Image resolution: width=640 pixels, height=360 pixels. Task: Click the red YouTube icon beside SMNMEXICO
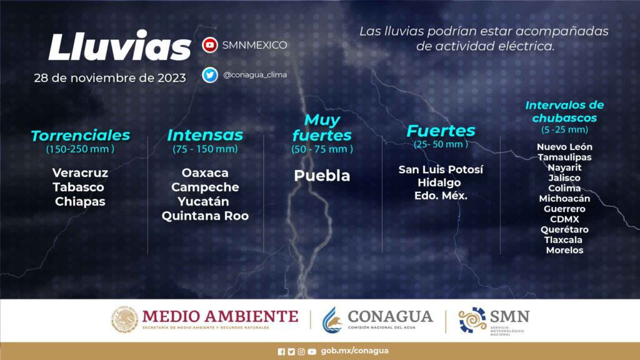[210, 45]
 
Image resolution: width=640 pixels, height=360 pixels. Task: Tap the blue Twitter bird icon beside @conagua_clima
[210, 75]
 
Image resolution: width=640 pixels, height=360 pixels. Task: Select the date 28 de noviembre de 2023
[110, 78]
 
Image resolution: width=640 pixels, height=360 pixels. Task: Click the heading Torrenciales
[81, 136]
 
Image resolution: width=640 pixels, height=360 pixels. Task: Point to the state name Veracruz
[81, 172]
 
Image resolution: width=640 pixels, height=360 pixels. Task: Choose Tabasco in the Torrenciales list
[78, 187]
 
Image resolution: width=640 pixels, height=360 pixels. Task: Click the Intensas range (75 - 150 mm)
[205, 149]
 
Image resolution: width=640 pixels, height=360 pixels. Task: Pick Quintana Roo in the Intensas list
[205, 216]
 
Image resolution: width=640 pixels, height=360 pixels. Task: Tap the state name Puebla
[322, 176]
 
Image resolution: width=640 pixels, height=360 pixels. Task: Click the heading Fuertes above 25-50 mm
[441, 131]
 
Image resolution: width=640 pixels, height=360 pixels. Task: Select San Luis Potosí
[441, 169]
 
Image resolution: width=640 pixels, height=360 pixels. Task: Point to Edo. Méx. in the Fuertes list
[441, 196]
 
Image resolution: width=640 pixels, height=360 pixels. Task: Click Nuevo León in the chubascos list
[564, 147]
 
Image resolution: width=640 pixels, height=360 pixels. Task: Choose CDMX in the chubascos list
[564, 219]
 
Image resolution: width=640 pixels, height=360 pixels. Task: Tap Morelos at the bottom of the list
[564, 250]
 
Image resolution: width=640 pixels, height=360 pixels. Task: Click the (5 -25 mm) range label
[564, 130]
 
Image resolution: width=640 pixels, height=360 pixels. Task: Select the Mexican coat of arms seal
[124, 319]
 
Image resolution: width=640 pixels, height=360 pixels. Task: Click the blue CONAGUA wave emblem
[332, 320]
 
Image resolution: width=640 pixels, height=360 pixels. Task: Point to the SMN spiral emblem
[472, 320]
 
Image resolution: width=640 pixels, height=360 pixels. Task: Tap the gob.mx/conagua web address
[355, 351]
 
